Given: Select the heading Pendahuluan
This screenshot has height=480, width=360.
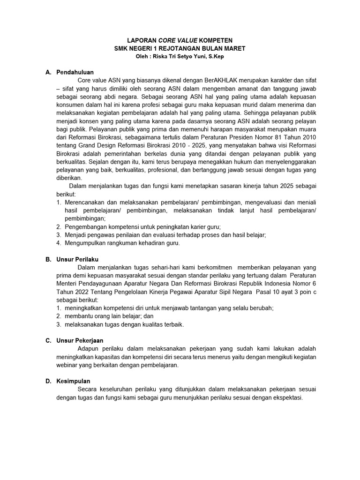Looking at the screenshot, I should tap(75, 72).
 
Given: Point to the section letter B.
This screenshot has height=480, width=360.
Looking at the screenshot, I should tap(48, 259).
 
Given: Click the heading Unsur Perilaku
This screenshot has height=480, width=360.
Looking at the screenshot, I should tap(77, 259).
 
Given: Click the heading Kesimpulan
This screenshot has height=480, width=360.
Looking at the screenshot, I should tap(74, 381).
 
